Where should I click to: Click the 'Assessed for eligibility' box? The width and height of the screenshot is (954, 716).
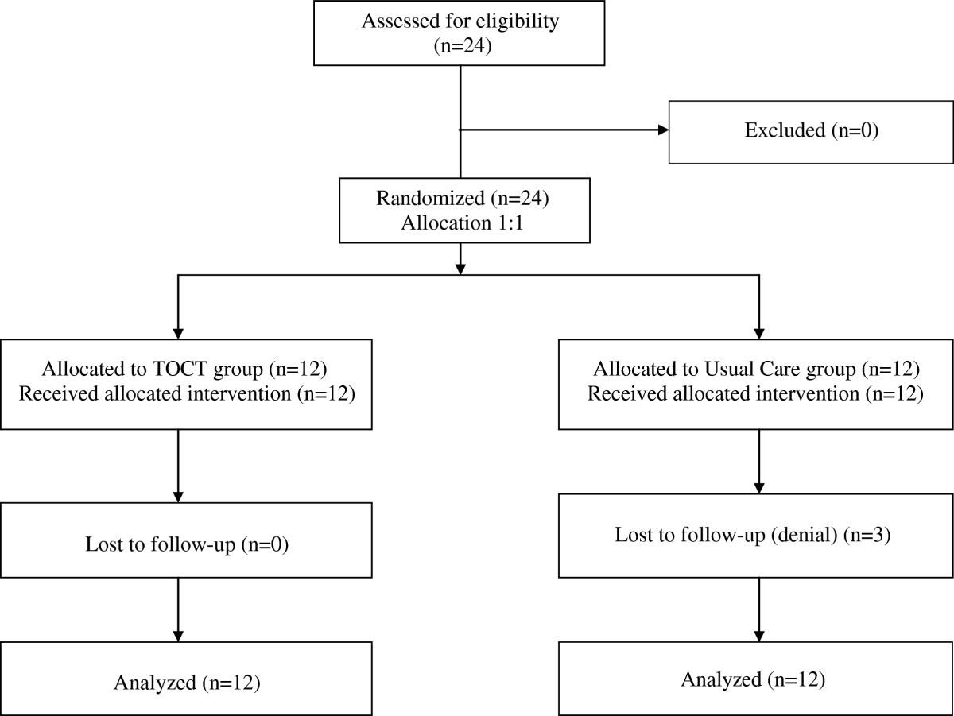[461, 33]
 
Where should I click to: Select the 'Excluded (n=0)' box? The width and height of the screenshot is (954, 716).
[810, 131]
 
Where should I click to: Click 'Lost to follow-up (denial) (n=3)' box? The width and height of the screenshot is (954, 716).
[756, 535]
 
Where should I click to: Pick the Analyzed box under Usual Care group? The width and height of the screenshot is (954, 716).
[756, 679]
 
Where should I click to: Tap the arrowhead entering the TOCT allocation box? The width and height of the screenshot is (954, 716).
[177, 332]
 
